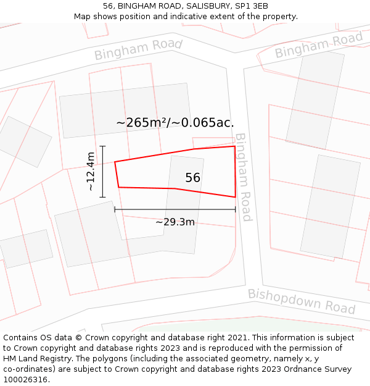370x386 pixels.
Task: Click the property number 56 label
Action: coord(192,178)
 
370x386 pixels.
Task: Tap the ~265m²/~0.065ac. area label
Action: coord(175,122)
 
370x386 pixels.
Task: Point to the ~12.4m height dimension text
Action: coord(91,171)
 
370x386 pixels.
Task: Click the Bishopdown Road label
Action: coord(302,301)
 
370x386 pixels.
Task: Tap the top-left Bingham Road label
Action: coord(138,49)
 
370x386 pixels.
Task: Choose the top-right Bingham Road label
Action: coord(318,45)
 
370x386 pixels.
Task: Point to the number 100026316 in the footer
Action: coord(25,380)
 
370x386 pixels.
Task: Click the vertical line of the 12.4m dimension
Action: coord(103,172)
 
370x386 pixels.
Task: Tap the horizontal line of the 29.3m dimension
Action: coord(175,209)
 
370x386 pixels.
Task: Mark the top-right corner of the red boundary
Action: coord(234,146)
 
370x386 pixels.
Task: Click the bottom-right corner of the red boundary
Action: coord(235,197)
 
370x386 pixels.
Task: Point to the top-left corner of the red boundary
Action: coord(115,162)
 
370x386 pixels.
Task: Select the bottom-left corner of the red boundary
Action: coord(118,187)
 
